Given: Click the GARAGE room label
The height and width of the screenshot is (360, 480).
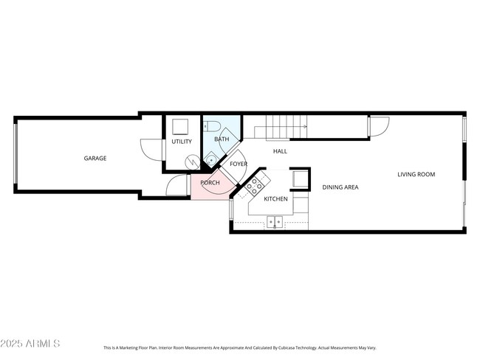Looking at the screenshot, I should tap(95, 158).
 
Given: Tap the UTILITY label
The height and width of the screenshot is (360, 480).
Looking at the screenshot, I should tap(182, 142).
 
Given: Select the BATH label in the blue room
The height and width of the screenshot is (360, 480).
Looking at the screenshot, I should tap(222, 139).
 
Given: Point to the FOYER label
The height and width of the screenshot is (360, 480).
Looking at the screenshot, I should tap(238, 164).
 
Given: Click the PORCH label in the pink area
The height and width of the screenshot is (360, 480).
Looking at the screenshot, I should tap(210, 181).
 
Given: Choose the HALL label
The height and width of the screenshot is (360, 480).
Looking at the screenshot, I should tap(280, 151).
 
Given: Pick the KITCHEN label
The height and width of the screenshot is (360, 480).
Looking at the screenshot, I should tap(275, 199).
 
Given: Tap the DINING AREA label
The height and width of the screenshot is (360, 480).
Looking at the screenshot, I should tap(340, 187).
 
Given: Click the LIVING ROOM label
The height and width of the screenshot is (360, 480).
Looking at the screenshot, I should tap(416, 175).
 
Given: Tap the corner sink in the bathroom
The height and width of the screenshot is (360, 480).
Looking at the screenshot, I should tap(210, 156).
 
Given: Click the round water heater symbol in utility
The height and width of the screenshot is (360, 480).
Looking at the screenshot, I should tap(191, 160).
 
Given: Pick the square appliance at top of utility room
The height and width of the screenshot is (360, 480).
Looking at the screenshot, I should tap(181, 125).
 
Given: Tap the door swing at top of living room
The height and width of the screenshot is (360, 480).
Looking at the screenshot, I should tap(379, 126).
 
